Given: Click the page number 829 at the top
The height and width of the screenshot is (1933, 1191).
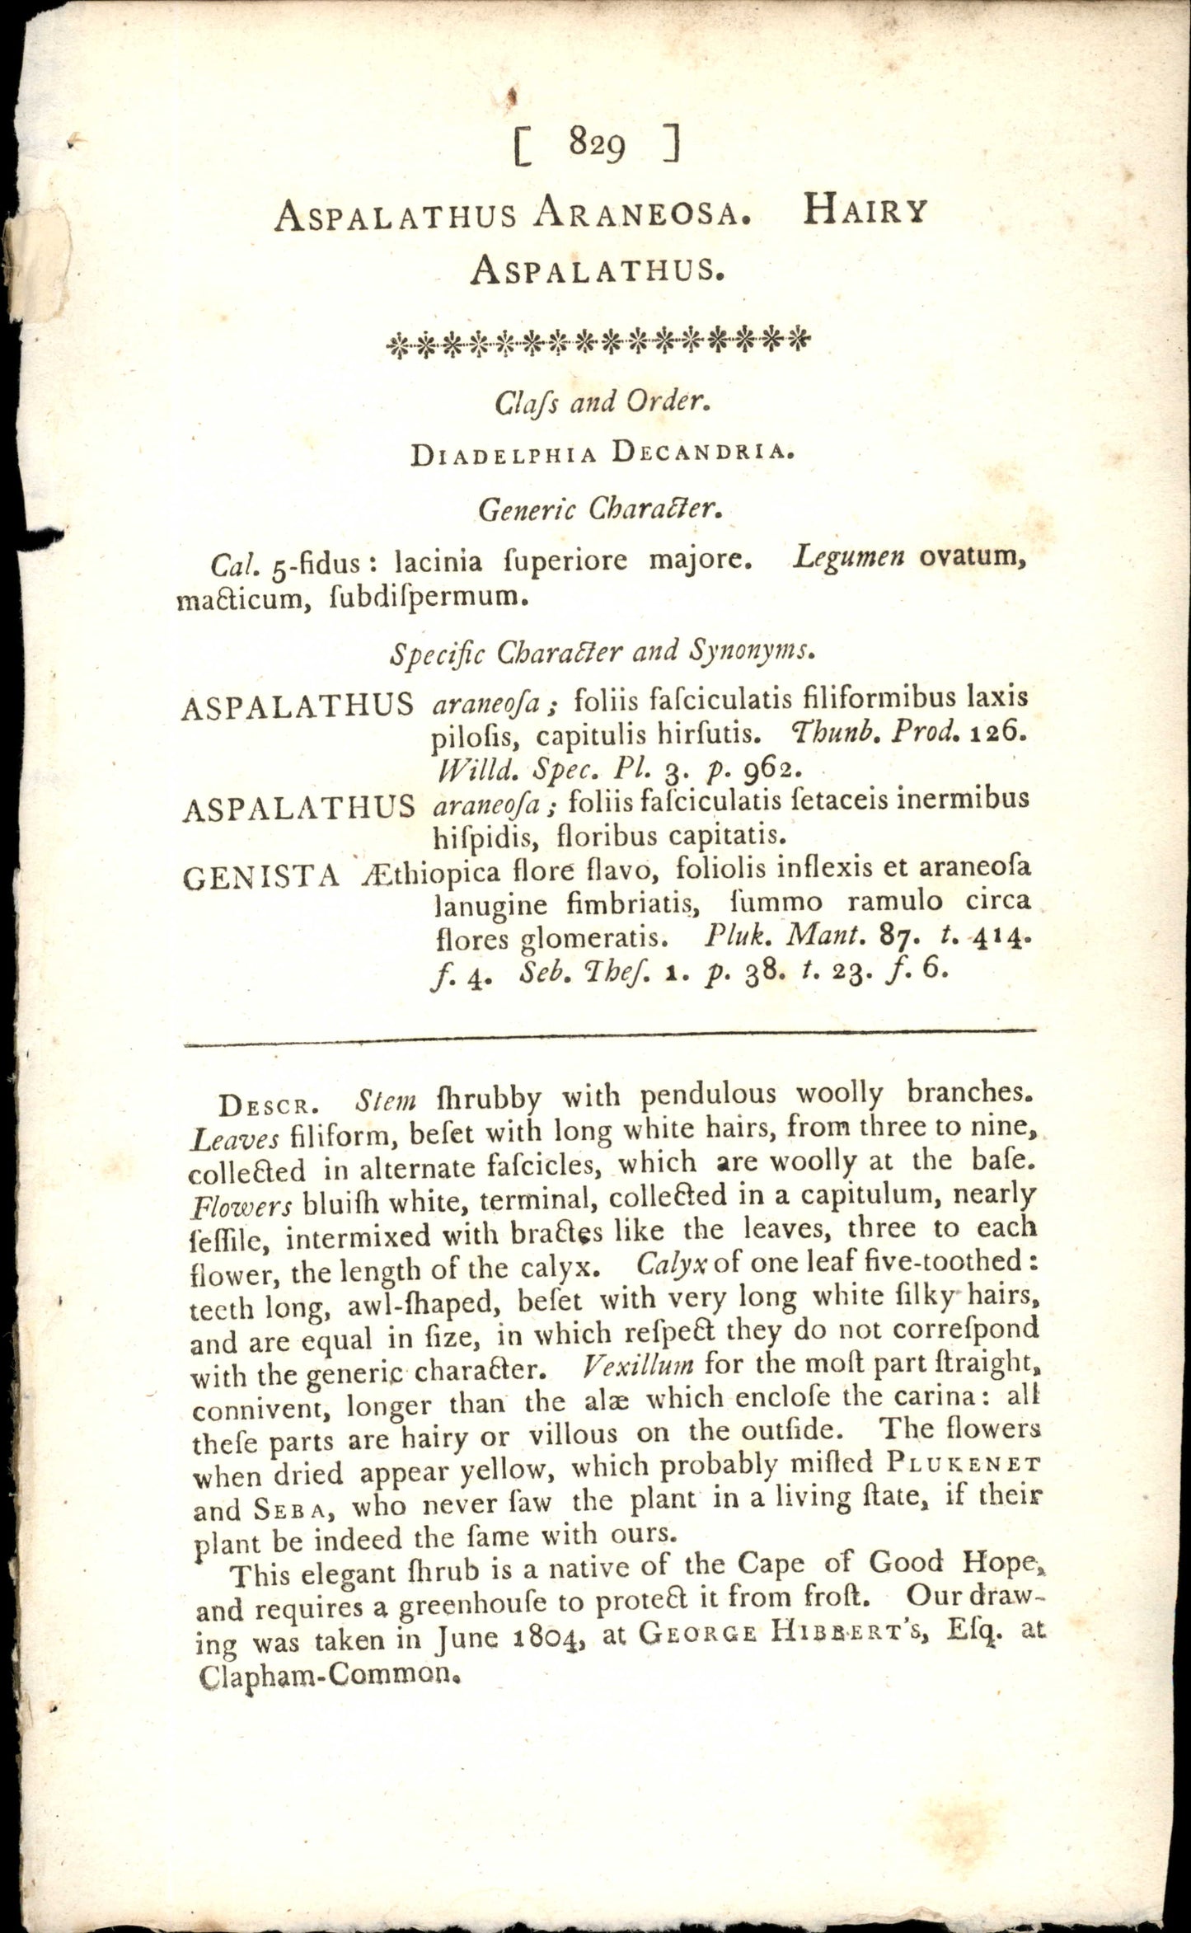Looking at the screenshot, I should pos(598,146).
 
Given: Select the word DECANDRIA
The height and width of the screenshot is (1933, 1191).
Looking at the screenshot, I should pos(709,453).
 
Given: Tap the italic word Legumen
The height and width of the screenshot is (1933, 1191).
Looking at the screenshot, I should pos(849,558).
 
